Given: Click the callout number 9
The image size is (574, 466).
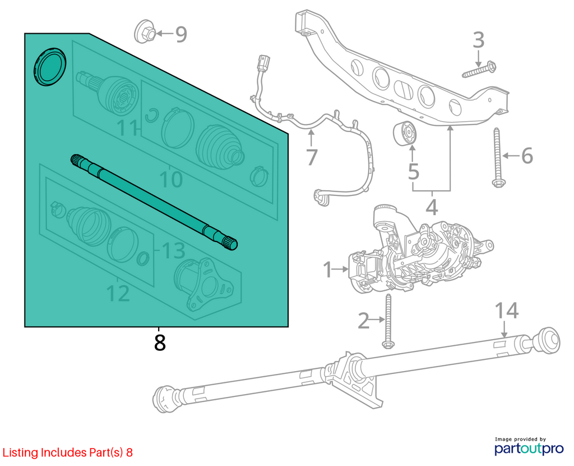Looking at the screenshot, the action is point(181,34).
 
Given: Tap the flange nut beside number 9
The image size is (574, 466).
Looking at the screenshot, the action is point(145,31).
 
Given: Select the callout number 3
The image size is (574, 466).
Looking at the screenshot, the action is point(478,40).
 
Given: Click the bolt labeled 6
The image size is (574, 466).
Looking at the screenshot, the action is point(497,158).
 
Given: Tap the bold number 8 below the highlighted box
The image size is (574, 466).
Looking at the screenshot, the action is point(160,342).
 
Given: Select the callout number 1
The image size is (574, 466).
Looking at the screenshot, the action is point(327,269).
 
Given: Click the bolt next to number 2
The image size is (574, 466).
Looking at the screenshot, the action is point(387,321).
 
